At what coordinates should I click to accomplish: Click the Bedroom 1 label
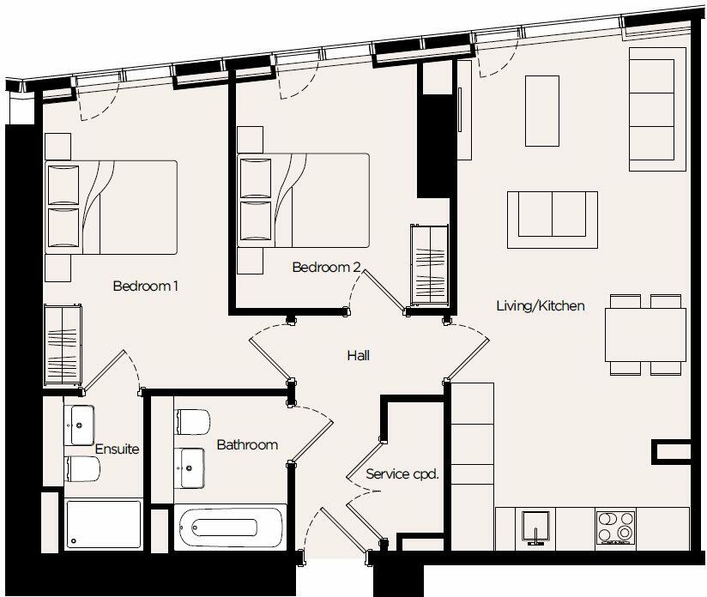tap(145, 286)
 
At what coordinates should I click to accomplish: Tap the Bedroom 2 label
tap(326, 267)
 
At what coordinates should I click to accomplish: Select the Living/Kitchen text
tap(541, 305)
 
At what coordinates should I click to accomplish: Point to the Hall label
tap(359, 355)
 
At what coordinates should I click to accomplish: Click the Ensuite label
tap(117, 449)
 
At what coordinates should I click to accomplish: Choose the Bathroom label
tap(247, 444)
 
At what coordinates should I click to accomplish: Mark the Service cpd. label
tap(402, 473)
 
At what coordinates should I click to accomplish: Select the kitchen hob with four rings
tap(615, 527)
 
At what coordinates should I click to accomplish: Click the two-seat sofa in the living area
tap(553, 214)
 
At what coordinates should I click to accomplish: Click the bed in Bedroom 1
tap(112, 207)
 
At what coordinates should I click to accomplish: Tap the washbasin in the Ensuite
tap(84, 422)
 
